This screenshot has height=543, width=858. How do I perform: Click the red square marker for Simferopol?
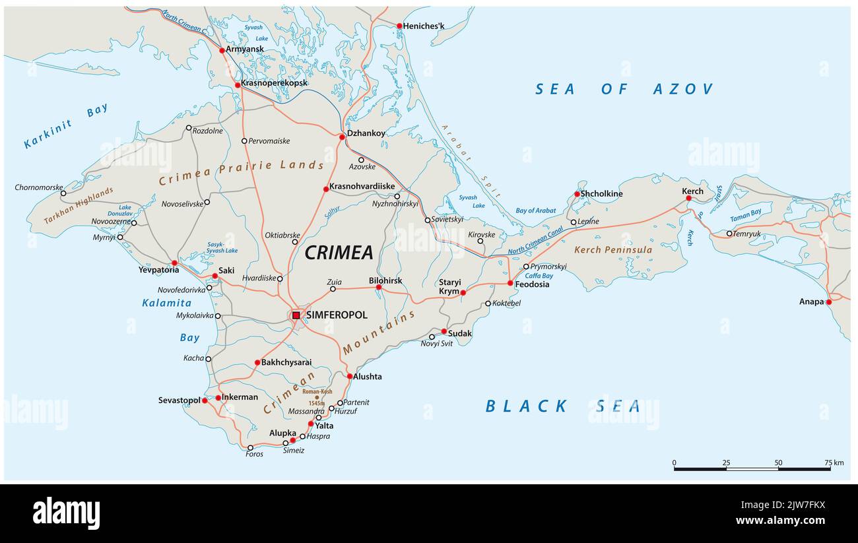click(x=296, y=315)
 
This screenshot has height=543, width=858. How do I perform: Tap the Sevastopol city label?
click(x=179, y=400)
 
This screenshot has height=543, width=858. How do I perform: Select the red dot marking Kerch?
click(x=688, y=198)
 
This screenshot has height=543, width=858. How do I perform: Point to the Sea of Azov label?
click(x=624, y=89)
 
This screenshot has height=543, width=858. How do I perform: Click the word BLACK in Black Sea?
click(x=526, y=406)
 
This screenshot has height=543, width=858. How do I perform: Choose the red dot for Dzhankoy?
click(x=342, y=137)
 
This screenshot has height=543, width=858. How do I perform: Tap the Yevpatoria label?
click(x=158, y=270)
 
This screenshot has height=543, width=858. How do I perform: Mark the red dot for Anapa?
click(x=828, y=302)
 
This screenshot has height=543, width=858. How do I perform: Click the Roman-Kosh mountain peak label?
click(x=317, y=391)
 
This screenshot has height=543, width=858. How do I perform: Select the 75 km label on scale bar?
click(x=834, y=463)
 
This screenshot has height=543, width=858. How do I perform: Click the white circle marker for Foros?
click(x=250, y=447)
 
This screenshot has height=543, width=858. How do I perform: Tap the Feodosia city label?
click(x=532, y=284)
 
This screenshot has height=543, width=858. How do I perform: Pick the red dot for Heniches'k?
click(x=399, y=26)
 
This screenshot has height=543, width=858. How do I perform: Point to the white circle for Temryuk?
click(x=729, y=234)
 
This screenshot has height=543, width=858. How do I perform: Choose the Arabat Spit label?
click(x=471, y=161)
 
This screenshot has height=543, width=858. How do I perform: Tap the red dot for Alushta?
click(x=350, y=376)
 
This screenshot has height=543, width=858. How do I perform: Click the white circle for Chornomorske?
click(x=63, y=193)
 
